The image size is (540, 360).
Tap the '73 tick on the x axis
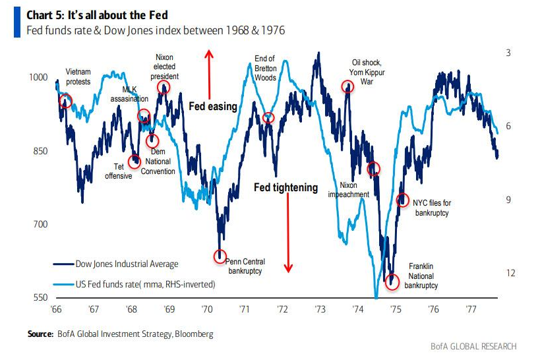(x=320, y=309)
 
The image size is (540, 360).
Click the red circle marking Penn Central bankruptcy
(x=220, y=256)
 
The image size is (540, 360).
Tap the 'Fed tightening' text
(x=285, y=188)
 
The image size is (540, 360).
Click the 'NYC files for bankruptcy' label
(x=431, y=208)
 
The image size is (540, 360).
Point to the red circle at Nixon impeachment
(x=374, y=169)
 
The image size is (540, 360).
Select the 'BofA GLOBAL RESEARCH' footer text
(x=473, y=347)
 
